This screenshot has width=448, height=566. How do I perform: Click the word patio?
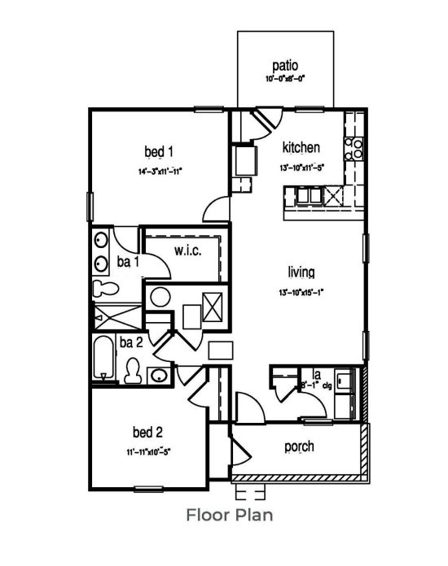tap(286, 65)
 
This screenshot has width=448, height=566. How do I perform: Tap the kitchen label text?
tap(301, 148)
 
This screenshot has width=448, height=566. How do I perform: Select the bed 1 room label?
tap(159, 151)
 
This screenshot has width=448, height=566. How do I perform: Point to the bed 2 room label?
tap(147, 431)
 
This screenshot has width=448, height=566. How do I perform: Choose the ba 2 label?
tap(132, 342)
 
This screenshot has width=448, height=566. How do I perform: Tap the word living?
tap(301, 272)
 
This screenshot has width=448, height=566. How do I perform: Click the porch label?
tap(299, 446)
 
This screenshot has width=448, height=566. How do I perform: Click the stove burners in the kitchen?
tap(355, 147)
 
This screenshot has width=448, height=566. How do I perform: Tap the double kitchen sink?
tap(306, 196)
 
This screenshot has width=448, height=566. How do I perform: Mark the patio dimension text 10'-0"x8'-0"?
tap(285, 80)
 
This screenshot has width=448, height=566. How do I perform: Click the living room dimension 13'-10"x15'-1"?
tap(301, 293)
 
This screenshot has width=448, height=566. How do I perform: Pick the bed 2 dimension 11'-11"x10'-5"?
tap(147, 450)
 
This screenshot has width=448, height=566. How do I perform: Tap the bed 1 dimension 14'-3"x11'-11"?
tap(159, 172)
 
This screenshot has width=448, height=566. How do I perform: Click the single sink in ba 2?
tap(160, 375)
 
